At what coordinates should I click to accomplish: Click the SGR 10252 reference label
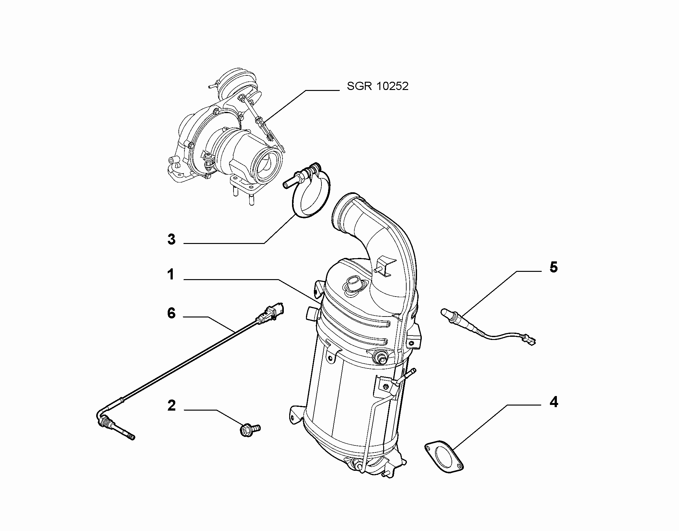[x=377, y=86]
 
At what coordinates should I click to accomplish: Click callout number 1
[x=171, y=274]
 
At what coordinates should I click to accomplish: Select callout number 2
[x=171, y=406]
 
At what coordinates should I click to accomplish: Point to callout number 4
[x=554, y=402]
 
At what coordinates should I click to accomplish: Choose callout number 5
[x=554, y=267]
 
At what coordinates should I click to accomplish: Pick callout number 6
[x=171, y=313]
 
